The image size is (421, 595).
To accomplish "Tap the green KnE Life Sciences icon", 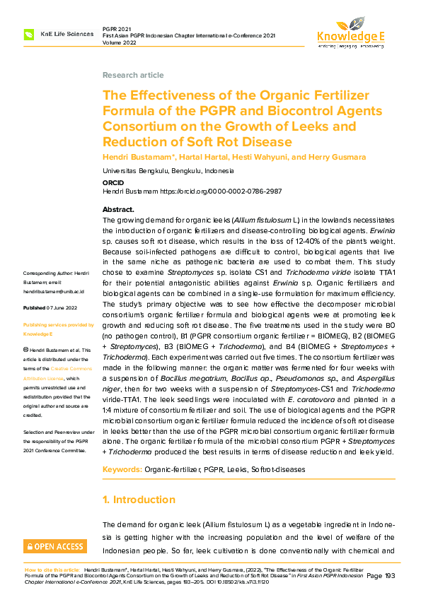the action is point(29,34).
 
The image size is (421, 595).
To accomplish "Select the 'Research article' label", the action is point(133,75).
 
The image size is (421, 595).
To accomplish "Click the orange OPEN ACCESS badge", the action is point(54,546).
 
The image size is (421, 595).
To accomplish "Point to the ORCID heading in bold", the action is point(113,182).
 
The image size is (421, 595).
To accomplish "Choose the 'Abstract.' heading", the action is point(118,210).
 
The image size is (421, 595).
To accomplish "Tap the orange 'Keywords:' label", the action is point(122,469).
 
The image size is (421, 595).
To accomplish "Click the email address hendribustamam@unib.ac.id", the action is point(54,291).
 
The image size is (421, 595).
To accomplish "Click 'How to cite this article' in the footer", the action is point(52,569).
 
